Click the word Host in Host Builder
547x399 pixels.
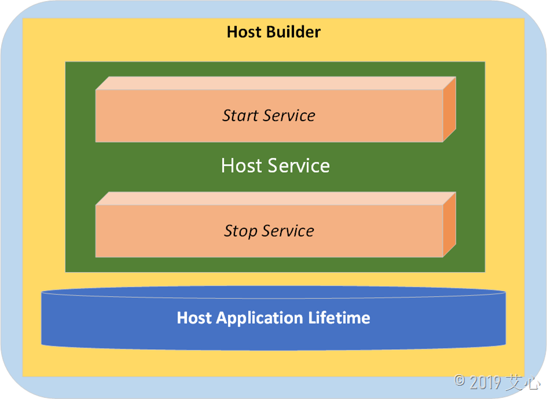coord(244,31)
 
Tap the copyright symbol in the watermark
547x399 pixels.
coord(460,381)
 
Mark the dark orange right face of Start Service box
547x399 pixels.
coord(450,110)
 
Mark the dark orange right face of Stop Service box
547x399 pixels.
coord(450,226)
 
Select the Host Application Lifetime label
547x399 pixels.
coord(273,318)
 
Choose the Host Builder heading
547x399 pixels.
coord(273,31)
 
